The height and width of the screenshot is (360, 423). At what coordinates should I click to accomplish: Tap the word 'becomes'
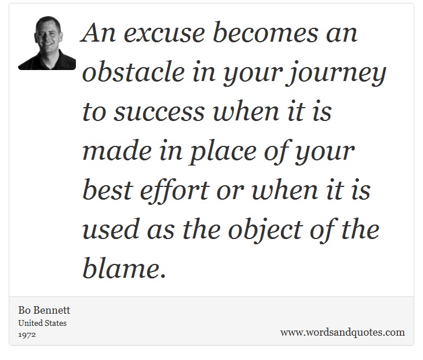pos(265,32)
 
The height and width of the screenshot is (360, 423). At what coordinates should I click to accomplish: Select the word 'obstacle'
pos(133,71)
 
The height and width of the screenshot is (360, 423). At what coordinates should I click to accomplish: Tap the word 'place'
pos(223,153)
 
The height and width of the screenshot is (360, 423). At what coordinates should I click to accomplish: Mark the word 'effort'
pos(174,191)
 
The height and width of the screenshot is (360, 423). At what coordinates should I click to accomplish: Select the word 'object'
pos(265,231)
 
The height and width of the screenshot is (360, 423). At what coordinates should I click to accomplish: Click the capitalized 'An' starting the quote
pos(99,32)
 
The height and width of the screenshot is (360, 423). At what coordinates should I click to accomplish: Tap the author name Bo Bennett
pos(44,310)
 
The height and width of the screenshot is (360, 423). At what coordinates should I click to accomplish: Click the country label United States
pos(42,323)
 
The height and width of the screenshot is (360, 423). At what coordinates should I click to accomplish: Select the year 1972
pos(27,335)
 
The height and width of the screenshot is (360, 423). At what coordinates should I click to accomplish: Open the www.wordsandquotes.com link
pos(342,332)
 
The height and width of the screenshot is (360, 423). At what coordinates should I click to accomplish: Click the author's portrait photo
pos(47,43)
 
